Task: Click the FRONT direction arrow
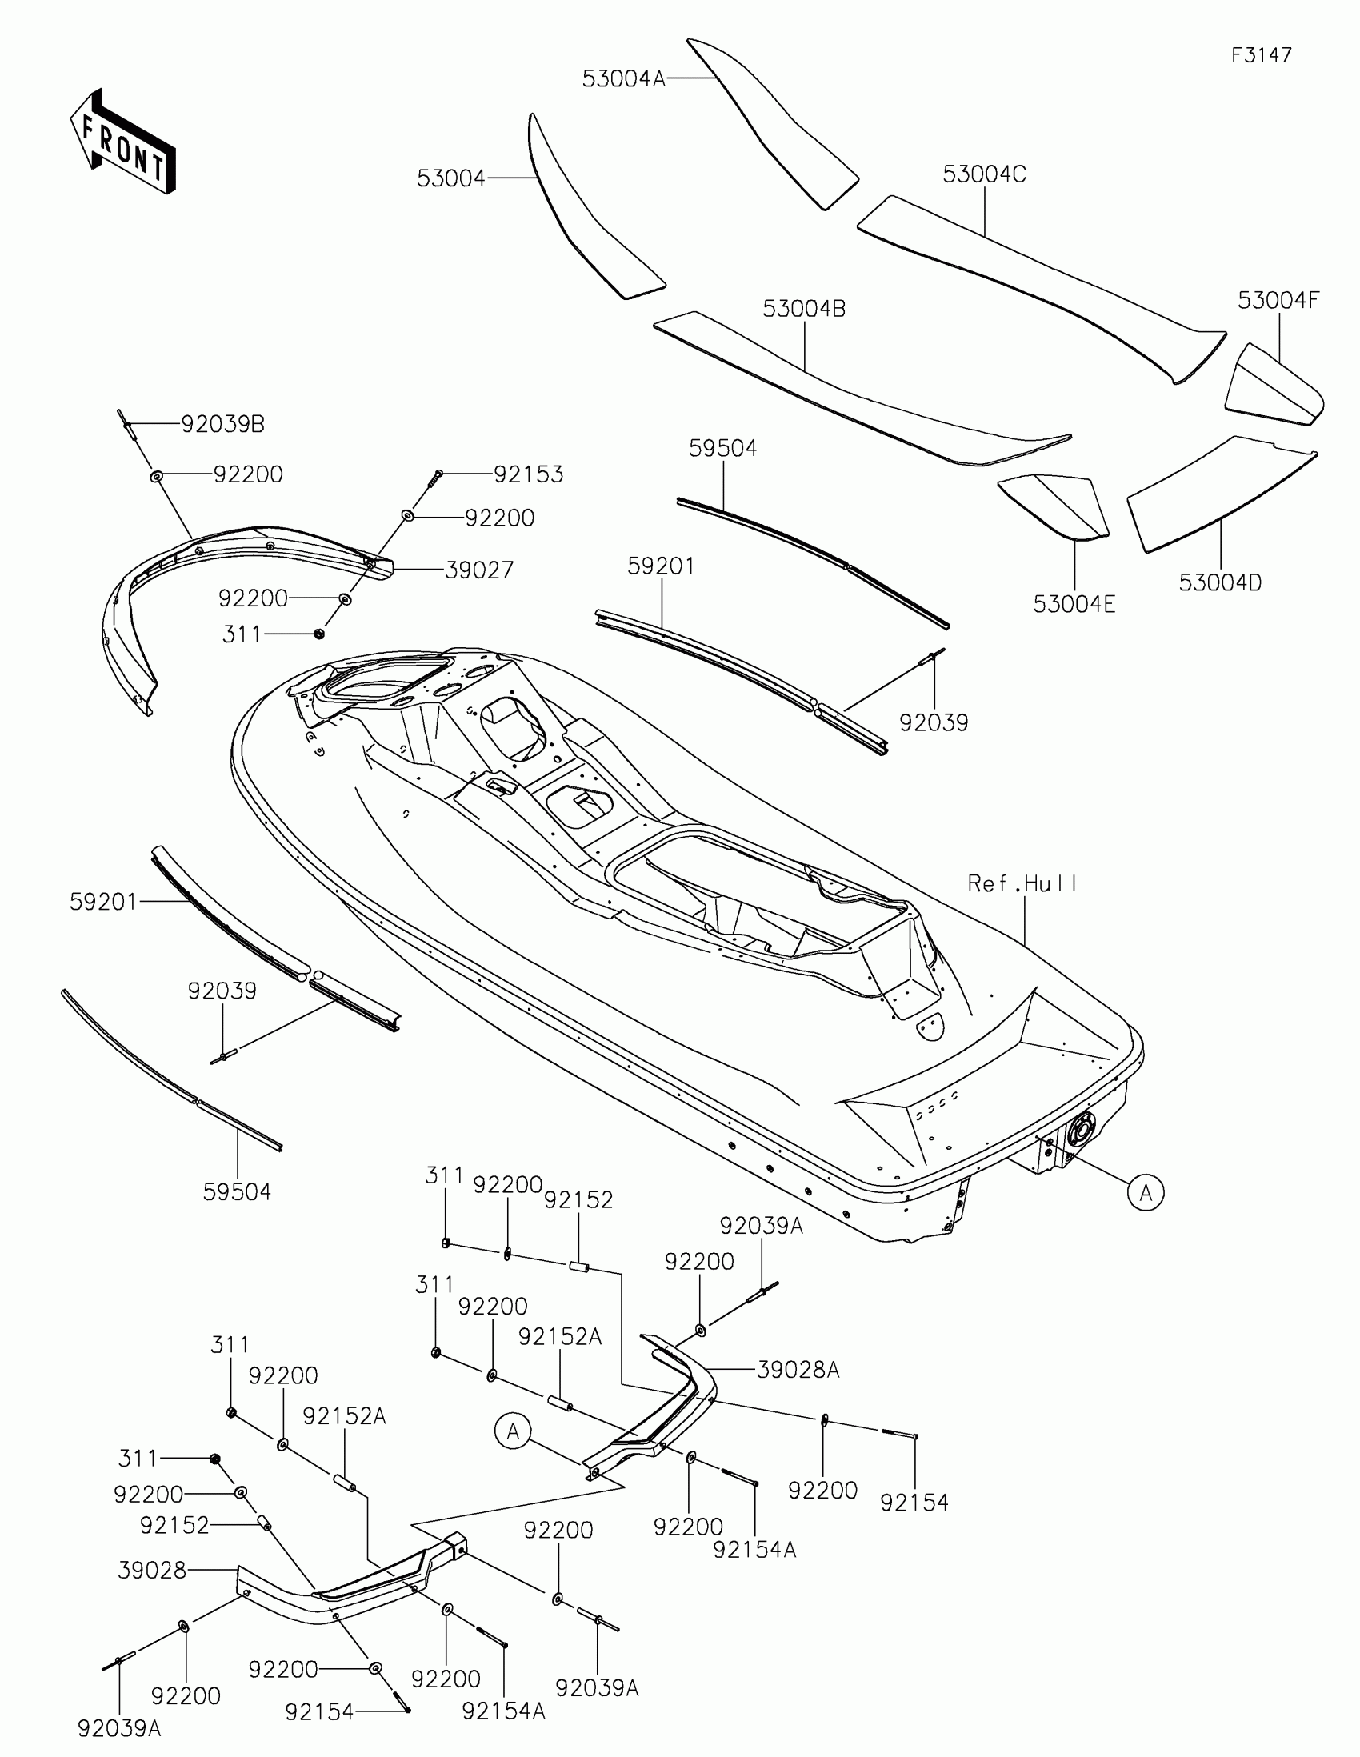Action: [122, 142]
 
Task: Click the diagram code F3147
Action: [1261, 55]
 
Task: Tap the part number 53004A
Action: [623, 79]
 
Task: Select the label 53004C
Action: [985, 174]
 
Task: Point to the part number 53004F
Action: [1278, 301]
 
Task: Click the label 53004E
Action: [1074, 604]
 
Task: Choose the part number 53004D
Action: [1220, 583]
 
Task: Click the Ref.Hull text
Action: [1022, 884]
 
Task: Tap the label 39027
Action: [478, 570]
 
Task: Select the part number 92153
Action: [528, 474]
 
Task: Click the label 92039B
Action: [222, 424]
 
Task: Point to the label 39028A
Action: [798, 1370]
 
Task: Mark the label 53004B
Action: [803, 309]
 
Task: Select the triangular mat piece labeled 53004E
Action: [1054, 505]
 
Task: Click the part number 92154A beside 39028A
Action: [754, 1550]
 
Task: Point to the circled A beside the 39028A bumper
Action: [512, 1431]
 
